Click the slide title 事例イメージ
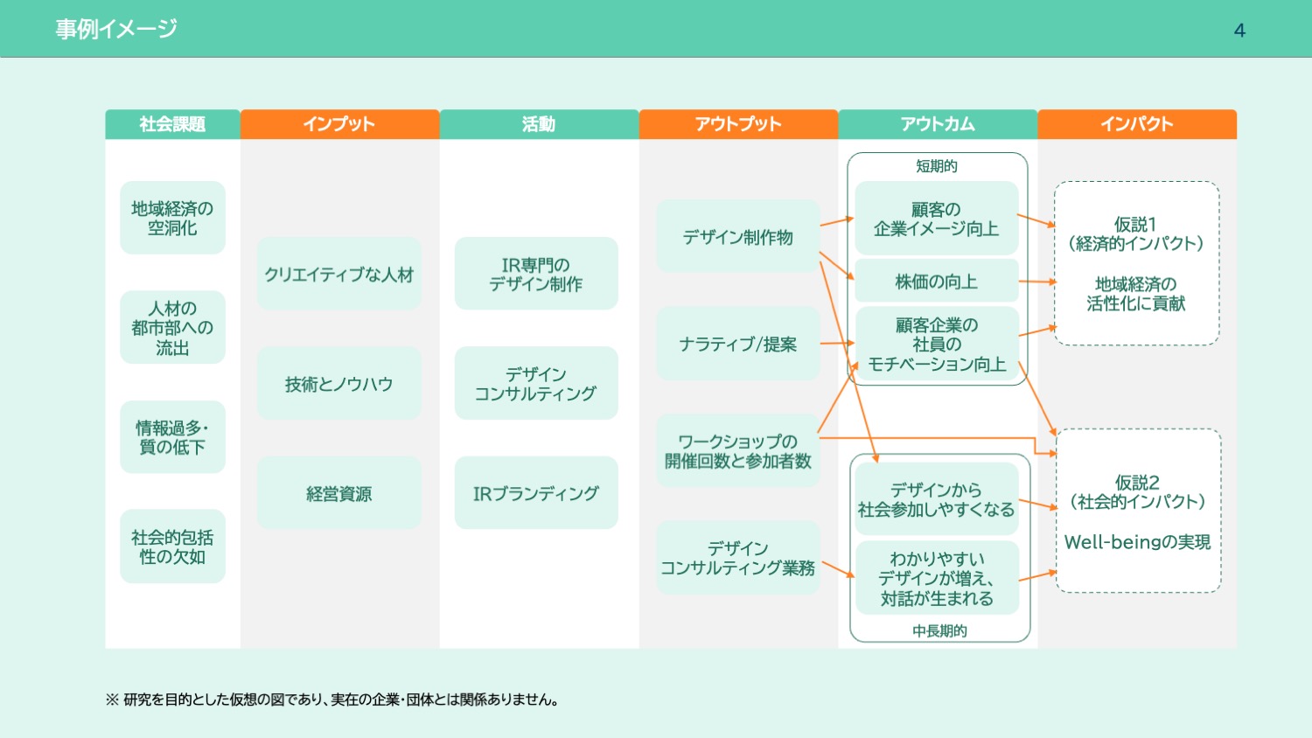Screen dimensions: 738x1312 (116, 29)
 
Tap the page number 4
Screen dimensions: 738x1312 (1239, 31)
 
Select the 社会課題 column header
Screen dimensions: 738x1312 (172, 124)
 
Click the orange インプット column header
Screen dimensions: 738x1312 (339, 124)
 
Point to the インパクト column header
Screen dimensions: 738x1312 (1136, 124)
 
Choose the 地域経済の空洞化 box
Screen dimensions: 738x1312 (172, 218)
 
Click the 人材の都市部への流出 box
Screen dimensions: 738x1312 (172, 328)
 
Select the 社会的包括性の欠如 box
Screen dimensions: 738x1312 (172, 547)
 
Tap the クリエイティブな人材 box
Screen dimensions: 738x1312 (339, 274)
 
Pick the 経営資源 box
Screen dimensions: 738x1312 (339, 493)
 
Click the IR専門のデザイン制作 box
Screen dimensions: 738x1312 (536, 274)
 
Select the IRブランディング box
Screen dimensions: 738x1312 (536, 493)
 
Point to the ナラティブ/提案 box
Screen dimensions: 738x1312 (738, 344)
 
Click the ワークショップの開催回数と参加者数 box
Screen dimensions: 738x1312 (738, 451)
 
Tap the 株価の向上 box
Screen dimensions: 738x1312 (936, 282)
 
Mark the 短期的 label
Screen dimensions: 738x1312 (937, 166)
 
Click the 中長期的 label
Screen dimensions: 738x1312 (939, 630)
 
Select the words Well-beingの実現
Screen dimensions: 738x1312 (1137, 542)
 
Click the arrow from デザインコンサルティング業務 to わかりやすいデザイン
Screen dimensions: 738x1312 (838, 570)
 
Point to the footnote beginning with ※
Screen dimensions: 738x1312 (332, 700)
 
